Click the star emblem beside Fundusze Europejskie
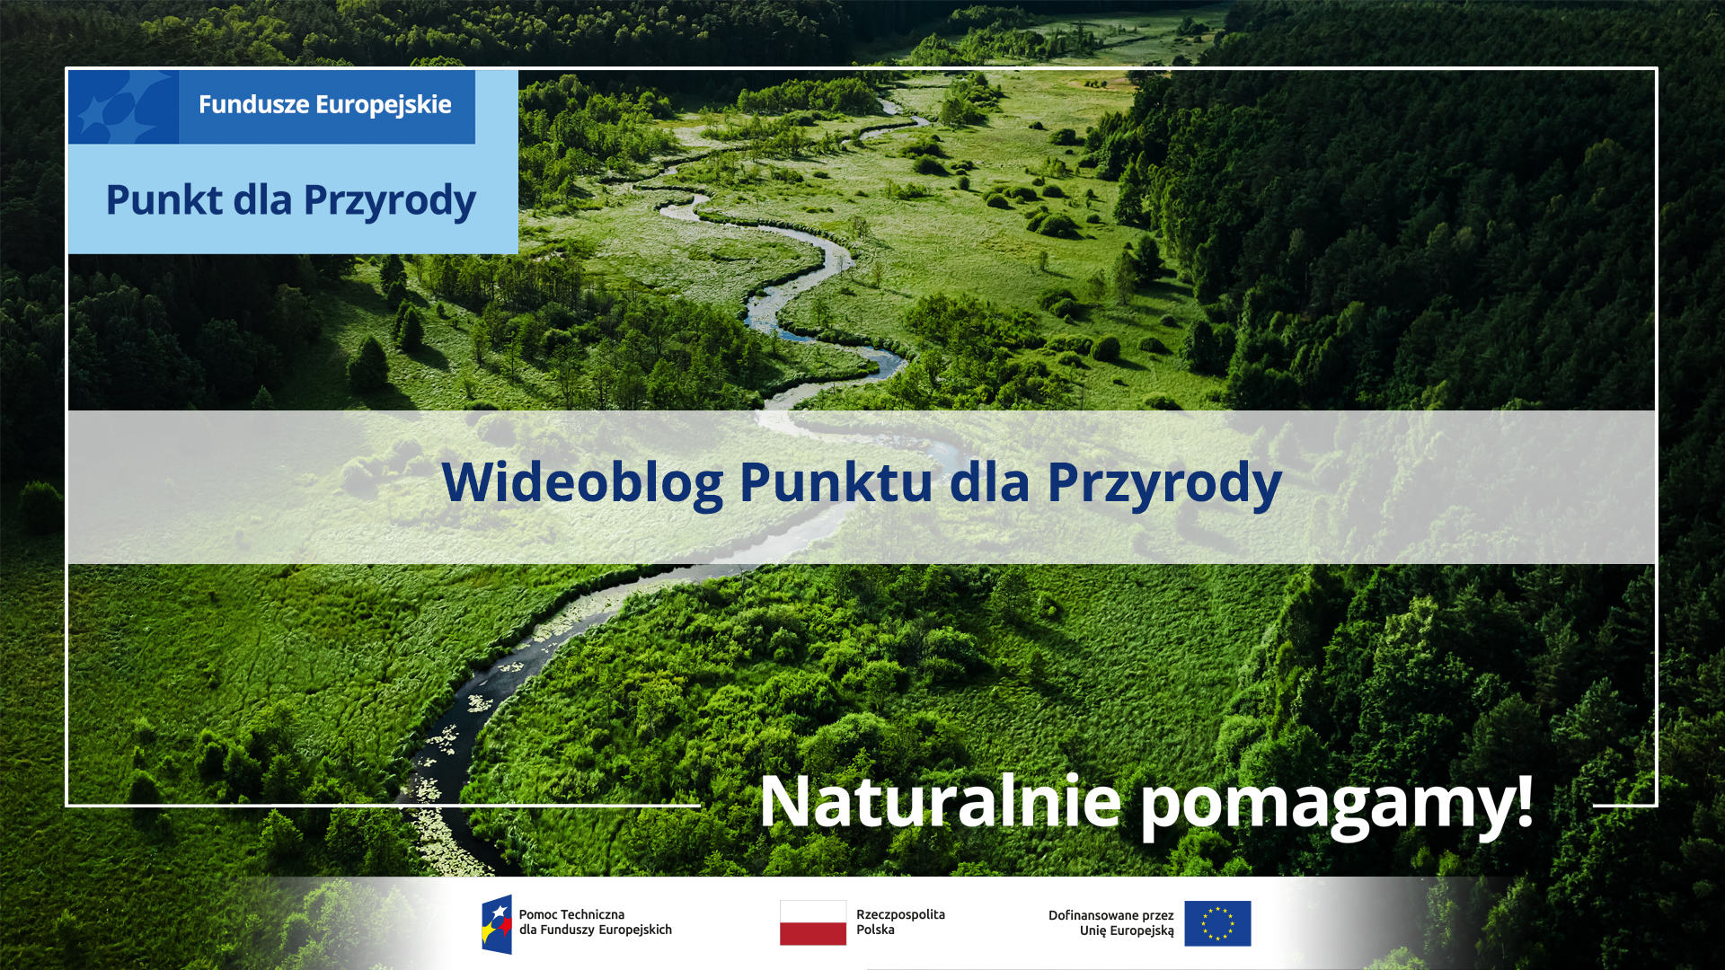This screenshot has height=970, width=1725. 123,107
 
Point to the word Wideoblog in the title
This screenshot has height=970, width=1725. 581,482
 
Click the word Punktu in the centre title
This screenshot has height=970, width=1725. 836,482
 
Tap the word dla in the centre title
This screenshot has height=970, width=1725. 989,482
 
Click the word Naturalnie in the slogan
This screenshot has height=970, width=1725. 940,800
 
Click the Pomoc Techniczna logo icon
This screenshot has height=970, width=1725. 497,923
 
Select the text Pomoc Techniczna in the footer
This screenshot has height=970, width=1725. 571,914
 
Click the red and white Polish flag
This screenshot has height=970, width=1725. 813,922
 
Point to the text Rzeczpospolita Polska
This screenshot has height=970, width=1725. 900,921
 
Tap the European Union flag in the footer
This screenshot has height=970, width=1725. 1217,923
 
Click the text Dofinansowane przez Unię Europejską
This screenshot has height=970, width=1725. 1111,922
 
